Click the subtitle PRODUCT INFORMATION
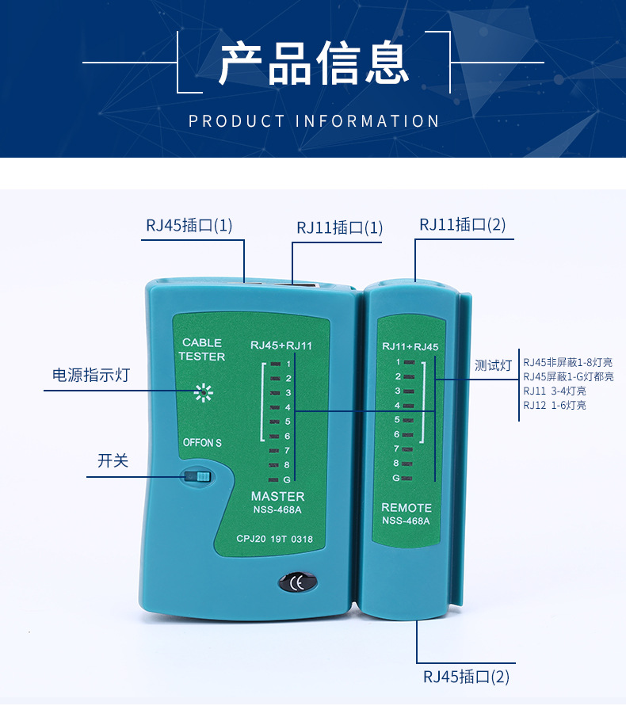(314, 121)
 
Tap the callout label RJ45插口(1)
(189, 225)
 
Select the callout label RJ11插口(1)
(339, 228)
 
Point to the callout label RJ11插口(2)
(462, 225)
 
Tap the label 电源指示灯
(90, 376)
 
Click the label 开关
(113, 460)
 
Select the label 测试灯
(493, 365)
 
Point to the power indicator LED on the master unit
(204, 391)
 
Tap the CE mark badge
(298, 583)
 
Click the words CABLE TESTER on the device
(201, 349)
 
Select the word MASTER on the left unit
(277, 496)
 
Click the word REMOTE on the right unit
(407, 507)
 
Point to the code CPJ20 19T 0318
(274, 540)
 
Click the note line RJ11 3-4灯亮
(555, 391)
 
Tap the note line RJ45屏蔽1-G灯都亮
(568, 377)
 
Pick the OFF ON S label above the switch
(202, 443)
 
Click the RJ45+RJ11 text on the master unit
(281, 345)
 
